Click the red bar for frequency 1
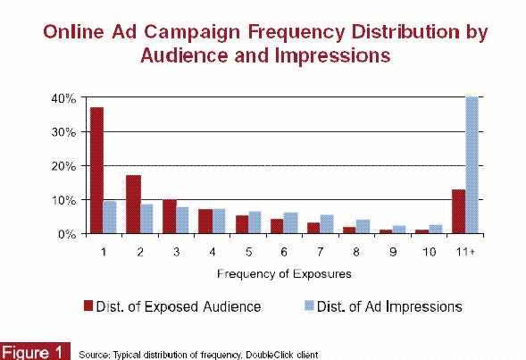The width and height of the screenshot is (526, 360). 97,170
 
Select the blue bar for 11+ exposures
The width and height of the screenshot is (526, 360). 472,164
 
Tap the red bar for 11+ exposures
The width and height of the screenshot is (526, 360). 458,212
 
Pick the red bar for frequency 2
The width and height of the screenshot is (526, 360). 134,204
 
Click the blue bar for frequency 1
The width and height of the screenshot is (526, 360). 110,217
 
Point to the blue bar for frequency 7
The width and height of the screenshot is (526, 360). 327,224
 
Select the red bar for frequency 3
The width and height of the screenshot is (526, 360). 170,216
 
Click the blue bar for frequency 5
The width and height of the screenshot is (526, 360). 255,222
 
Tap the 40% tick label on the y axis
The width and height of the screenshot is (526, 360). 63,98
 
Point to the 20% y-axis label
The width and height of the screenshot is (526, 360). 63,166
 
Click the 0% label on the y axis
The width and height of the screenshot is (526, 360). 67,234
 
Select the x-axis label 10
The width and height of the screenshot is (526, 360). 429,252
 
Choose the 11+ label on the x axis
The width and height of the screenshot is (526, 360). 465,252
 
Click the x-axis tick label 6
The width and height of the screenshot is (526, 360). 284,252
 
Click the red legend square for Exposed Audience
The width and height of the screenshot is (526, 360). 88,306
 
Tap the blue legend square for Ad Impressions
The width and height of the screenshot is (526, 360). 309,306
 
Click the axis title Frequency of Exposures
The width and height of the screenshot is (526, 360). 284,273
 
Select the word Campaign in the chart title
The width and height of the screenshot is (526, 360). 192,32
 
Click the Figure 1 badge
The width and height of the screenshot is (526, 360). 35,352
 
